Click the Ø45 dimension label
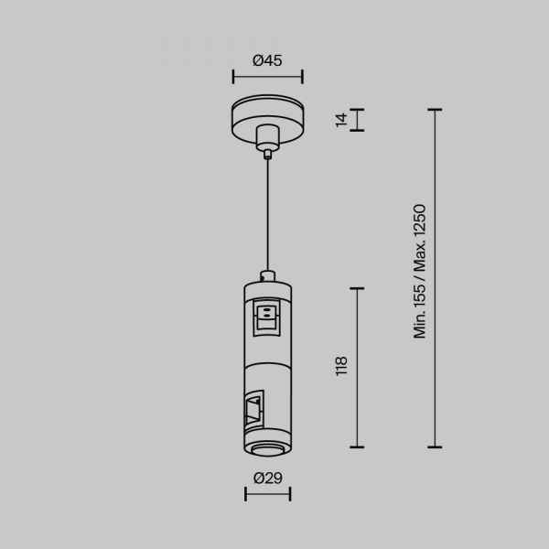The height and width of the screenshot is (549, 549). click(x=267, y=60)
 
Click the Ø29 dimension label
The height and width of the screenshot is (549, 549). click(x=268, y=478)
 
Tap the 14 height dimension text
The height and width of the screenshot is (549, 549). click(x=341, y=120)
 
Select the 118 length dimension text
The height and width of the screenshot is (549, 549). click(x=341, y=366)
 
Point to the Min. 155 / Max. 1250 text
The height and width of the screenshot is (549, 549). click(x=419, y=272)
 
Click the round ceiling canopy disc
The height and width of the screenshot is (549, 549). click(x=267, y=119)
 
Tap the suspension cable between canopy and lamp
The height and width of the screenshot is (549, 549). click(x=268, y=215)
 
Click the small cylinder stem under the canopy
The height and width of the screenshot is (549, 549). click(x=268, y=138)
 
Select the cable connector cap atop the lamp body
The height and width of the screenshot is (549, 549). click(x=268, y=276)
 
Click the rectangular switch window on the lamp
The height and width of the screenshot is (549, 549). click(x=267, y=318)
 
